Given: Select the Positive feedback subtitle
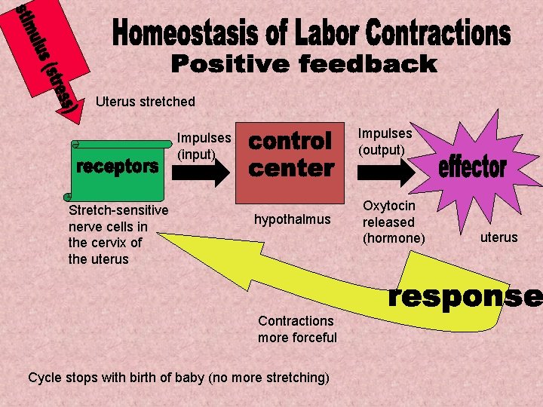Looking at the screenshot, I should coord(303,65).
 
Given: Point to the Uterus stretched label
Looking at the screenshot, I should coord(146,102).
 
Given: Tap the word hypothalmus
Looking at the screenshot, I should coord(292,219).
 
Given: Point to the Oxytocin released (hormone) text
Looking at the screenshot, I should coord(393,222).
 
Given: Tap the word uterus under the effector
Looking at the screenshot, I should coord(499,237).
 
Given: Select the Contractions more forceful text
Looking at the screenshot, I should coord(297,329).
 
